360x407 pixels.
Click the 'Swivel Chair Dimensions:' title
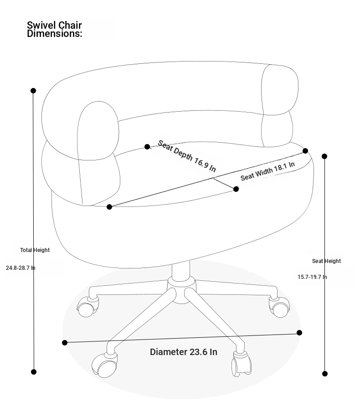pos(54,29)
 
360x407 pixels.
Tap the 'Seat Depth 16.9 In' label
pos(187,156)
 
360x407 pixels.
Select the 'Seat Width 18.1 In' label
pos(267,171)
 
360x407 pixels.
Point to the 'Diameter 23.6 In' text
pos(184,352)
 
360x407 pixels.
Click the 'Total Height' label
pos(35,250)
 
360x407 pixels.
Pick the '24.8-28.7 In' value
pos(21,268)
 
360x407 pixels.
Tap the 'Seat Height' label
pos(326,261)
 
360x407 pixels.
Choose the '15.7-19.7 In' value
pos(312,277)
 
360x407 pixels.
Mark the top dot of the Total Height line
pos(33,91)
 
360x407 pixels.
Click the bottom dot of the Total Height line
pos(34,372)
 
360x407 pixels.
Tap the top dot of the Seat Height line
pos(324,156)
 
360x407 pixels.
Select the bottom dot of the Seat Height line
pos(325,374)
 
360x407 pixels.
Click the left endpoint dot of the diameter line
pos(65,343)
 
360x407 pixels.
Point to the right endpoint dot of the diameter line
pos(299,333)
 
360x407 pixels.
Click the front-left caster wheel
pos(104,365)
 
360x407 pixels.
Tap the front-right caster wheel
pos(242,364)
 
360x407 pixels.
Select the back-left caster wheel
pos(87,307)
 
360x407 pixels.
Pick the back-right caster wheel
pos(279,307)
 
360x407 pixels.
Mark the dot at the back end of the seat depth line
pos(147,147)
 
